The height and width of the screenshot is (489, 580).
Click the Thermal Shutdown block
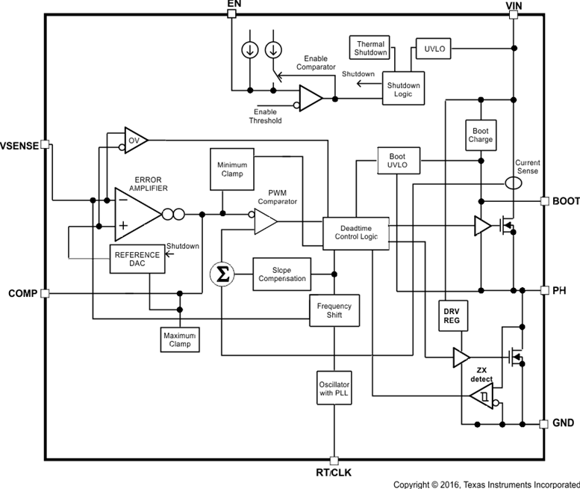[x=371, y=49]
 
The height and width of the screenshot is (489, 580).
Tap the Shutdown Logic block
[x=403, y=89]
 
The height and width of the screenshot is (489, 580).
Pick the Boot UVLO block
[x=399, y=159]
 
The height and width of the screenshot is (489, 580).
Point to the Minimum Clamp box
[x=232, y=169]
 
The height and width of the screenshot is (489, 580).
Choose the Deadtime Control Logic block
[x=355, y=233]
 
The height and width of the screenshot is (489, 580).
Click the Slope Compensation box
[x=282, y=274]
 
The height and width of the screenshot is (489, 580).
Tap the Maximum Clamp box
[x=179, y=339]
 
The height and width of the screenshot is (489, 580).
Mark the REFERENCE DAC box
[x=137, y=259]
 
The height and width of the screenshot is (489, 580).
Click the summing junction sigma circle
[x=221, y=274]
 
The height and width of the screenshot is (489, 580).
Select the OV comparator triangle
[x=135, y=141]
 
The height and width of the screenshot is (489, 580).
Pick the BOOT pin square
[x=544, y=201]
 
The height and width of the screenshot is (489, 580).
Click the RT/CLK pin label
[x=334, y=473]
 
